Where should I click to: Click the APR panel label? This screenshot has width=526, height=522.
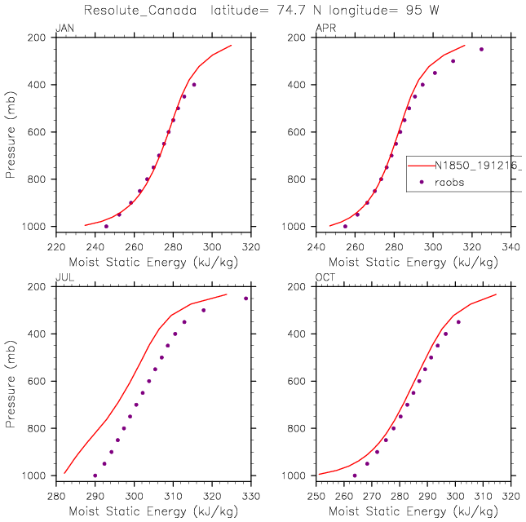point(324,29)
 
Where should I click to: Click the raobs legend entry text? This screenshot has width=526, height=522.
point(449,182)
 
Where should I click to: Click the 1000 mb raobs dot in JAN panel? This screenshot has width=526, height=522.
point(106,226)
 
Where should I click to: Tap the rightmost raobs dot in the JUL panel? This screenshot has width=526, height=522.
point(246,299)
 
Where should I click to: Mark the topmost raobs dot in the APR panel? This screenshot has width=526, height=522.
point(481,49)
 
